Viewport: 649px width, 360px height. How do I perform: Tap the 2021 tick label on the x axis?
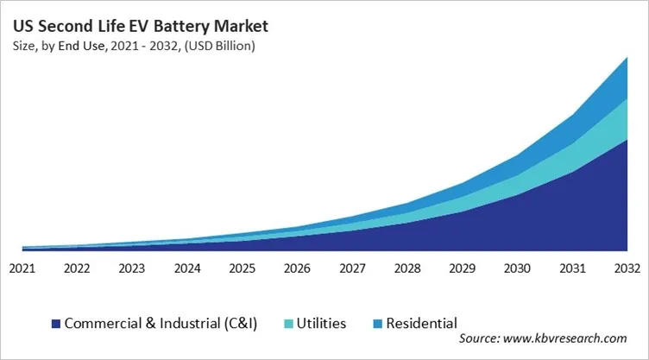click(22, 268)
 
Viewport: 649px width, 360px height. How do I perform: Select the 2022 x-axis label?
click(77, 268)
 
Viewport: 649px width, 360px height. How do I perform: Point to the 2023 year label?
click(132, 268)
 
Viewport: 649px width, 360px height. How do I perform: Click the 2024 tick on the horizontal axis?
click(186, 268)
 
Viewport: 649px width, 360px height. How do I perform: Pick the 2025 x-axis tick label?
click(242, 268)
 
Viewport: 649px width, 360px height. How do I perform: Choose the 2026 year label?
click(296, 268)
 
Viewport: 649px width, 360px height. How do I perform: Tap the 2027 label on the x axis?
click(351, 268)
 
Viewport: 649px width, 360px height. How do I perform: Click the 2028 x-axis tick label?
click(406, 268)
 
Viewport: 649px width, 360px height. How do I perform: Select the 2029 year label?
click(461, 268)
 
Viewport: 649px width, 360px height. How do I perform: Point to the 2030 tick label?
click(515, 268)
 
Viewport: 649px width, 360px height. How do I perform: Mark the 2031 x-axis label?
click(570, 268)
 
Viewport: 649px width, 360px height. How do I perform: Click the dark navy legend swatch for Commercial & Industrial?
click(56, 324)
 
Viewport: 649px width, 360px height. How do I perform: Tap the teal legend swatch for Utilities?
click(287, 324)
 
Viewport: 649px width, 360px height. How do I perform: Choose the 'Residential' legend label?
click(421, 324)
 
